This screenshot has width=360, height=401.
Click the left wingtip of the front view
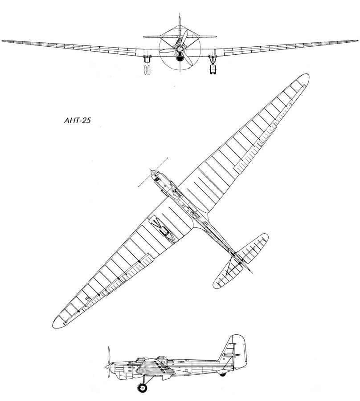click(4, 41)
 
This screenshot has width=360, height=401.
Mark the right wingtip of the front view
click(356, 41)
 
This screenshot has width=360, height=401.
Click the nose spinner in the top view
click(151, 170)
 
